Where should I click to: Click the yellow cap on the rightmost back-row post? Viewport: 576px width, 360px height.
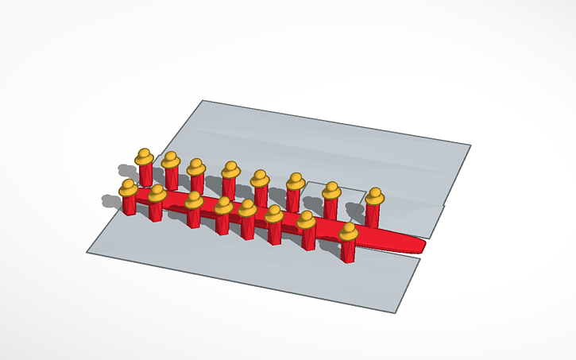pyautogui.click(x=374, y=195)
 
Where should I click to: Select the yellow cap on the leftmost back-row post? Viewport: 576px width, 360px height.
pyautogui.click(x=144, y=157)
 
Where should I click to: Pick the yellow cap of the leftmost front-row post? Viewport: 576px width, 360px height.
pyautogui.click(x=128, y=188)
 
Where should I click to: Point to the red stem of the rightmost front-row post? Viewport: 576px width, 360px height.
pyautogui.click(x=348, y=250)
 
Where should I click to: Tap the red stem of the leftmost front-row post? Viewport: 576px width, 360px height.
pyautogui.click(x=129, y=204)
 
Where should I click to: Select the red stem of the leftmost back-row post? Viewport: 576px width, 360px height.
pyautogui.click(x=145, y=175)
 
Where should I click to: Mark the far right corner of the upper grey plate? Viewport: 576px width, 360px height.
pyautogui.click(x=470, y=145)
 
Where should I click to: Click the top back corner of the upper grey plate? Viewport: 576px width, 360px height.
pyautogui.click(x=203, y=101)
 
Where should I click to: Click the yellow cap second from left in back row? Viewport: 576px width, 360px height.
pyautogui.click(x=170, y=160)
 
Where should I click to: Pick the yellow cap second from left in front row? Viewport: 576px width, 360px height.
pyautogui.click(x=157, y=192)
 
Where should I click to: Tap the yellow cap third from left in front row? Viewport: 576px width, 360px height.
pyautogui.click(x=193, y=199)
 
